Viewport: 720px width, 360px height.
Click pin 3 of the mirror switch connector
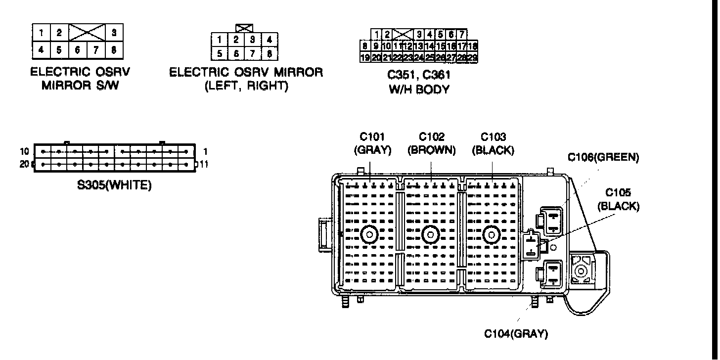pyautogui.click(x=114, y=33)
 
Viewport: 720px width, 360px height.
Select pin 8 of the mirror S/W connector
pyautogui.click(x=114, y=49)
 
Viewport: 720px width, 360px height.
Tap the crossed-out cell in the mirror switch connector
pyautogui.click(x=87, y=33)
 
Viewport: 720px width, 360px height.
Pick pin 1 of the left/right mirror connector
pyautogui.click(x=219, y=39)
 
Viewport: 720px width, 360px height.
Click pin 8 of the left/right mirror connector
pyautogui.click(x=269, y=53)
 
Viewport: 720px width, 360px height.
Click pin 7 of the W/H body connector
pyautogui.click(x=461, y=35)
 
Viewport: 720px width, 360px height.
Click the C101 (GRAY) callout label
pyautogui.click(x=372, y=143)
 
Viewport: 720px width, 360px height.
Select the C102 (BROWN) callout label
pyautogui.click(x=432, y=143)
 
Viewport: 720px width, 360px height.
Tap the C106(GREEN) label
pyautogui.click(x=603, y=157)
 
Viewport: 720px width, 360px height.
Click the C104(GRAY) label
pyautogui.click(x=516, y=334)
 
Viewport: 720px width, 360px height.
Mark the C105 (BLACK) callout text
pyautogui.click(x=618, y=199)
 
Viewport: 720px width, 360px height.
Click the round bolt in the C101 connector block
pyautogui.click(x=369, y=234)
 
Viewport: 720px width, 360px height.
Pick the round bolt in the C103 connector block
pyautogui.click(x=491, y=234)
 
